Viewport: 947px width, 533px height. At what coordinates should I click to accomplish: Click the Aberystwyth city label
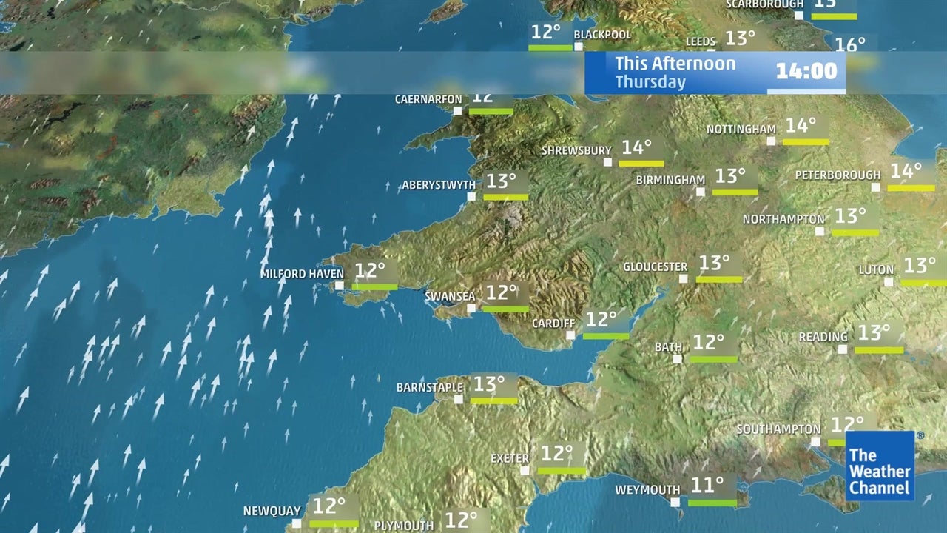click(434, 185)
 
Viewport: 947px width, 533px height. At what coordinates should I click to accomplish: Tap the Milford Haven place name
click(302, 274)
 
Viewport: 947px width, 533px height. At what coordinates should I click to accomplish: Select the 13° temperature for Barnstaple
click(489, 384)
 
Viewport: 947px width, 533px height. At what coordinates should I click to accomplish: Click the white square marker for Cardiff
click(570, 335)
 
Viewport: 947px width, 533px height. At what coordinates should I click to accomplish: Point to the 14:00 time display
click(806, 71)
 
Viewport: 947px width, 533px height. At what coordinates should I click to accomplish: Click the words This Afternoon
click(675, 64)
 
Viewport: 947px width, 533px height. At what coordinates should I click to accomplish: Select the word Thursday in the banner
click(650, 82)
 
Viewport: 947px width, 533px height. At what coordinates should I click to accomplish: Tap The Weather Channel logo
click(880, 466)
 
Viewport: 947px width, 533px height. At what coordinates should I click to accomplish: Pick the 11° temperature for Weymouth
click(707, 486)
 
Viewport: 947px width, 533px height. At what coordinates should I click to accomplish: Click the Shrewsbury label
click(576, 151)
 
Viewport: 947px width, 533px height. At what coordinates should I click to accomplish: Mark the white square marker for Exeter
click(525, 470)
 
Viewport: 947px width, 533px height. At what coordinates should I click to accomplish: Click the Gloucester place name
click(655, 267)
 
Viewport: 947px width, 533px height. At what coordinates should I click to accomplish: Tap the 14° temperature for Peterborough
click(906, 172)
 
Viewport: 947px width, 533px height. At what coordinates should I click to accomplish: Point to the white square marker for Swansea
click(471, 308)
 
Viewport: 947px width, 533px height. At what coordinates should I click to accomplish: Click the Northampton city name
click(783, 220)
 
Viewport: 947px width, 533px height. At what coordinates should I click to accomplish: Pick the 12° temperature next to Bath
click(708, 343)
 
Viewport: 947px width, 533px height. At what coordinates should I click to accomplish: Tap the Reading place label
click(823, 338)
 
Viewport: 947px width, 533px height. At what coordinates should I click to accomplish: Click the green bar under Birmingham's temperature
click(735, 192)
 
